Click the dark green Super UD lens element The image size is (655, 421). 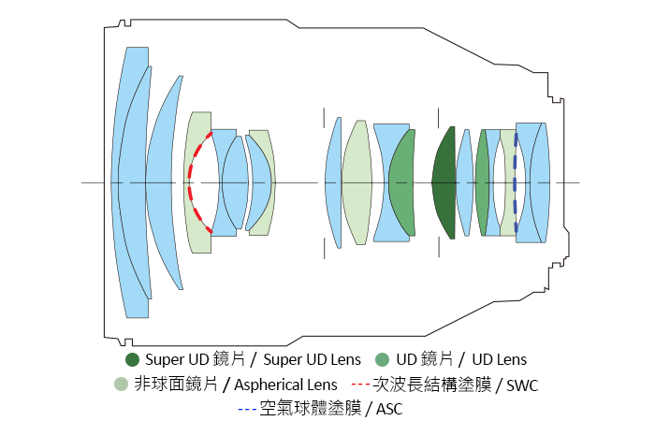click(443, 182)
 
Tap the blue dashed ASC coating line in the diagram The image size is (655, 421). click(516, 182)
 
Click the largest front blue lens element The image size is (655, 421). click(128, 182)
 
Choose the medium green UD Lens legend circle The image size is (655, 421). click(381, 360)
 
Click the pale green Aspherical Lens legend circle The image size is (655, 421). click(120, 385)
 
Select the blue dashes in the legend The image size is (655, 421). click(248, 409)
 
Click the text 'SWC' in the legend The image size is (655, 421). click(522, 385)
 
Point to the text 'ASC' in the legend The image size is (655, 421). click(388, 409)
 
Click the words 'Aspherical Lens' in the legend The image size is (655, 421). click(286, 385)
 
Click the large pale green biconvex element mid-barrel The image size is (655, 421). click(357, 182)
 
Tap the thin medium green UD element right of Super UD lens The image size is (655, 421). click(482, 182)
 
